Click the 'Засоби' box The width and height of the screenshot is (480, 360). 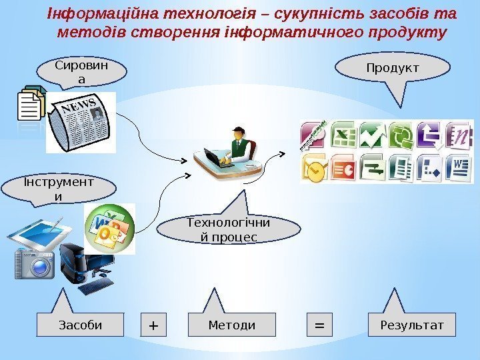[x=81, y=325]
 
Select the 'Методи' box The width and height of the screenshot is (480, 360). [x=231, y=325]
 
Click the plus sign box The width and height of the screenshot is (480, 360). [x=154, y=325]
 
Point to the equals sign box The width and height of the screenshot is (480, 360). [x=319, y=325]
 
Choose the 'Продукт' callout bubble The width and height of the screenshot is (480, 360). [x=383, y=68]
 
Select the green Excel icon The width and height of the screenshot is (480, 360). [x=342, y=136]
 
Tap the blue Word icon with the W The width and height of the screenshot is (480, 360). [x=459, y=167]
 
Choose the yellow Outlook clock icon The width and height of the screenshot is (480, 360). [x=313, y=170]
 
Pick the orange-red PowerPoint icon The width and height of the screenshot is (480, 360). [x=342, y=167]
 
